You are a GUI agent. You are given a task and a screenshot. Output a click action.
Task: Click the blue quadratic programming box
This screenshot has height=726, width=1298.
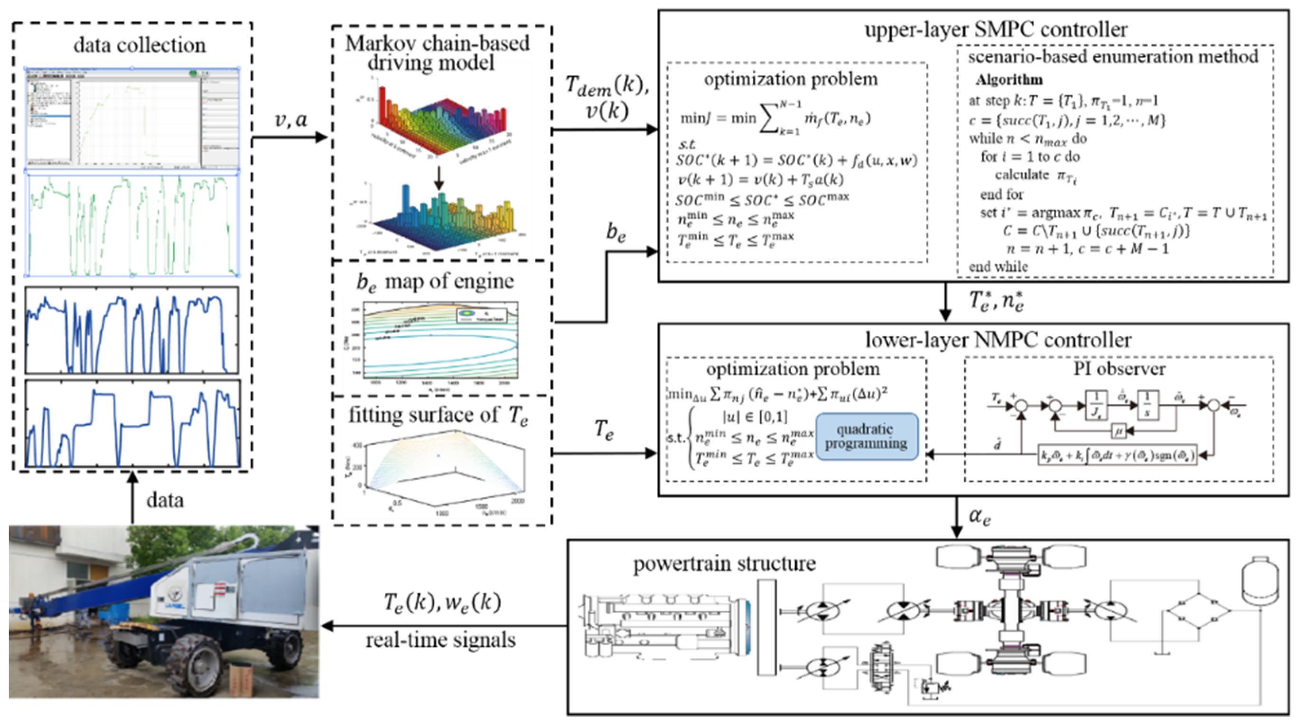tap(866, 437)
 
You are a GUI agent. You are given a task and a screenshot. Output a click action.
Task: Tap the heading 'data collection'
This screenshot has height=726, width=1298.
tap(140, 46)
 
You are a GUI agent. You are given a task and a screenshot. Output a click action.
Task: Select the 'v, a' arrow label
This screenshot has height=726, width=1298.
tap(291, 120)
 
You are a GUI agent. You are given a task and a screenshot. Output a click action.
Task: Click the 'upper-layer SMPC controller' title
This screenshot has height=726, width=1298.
tap(996, 30)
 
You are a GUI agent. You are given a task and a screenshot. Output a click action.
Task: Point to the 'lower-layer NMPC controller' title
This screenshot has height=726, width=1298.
tap(998, 340)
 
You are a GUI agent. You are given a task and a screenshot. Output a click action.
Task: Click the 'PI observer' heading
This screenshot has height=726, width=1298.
tap(1119, 369)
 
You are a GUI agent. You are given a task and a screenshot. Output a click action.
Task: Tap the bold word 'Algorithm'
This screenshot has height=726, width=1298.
tap(1009, 80)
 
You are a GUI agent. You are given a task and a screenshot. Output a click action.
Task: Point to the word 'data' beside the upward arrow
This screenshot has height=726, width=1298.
tap(165, 500)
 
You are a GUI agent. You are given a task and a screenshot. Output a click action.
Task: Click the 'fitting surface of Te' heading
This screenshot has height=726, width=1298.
tap(438, 415)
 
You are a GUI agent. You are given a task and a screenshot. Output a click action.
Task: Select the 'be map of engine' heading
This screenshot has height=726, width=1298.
tap(435, 282)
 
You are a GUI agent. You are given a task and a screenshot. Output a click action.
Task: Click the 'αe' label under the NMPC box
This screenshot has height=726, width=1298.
tap(979, 516)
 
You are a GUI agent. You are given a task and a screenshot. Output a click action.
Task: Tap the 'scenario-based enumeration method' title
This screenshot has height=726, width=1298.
tap(1113, 56)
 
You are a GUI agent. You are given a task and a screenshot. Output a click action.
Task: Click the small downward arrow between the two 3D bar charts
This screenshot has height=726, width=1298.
tap(439, 178)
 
